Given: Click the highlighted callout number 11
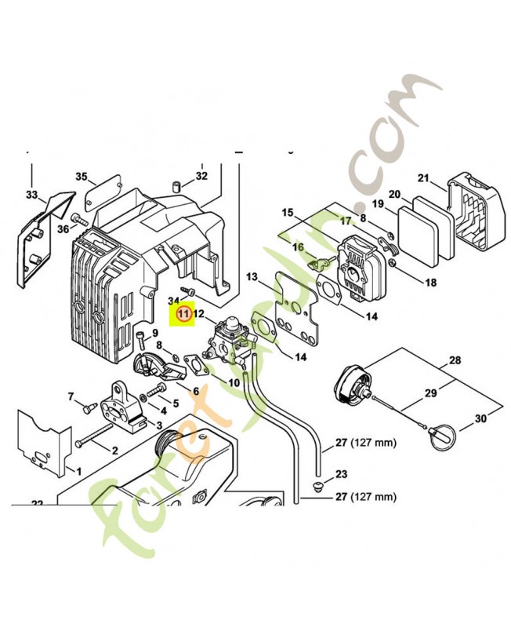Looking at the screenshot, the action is (x=183, y=313).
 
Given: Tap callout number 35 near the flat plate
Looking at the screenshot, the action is (x=82, y=177).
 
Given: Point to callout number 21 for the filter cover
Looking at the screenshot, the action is (x=423, y=178).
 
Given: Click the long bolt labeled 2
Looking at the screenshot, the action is (x=93, y=435).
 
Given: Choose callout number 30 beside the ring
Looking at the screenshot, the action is (x=481, y=419).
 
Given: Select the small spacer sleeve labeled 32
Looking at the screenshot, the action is (x=176, y=187).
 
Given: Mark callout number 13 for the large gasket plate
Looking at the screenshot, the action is (x=252, y=277).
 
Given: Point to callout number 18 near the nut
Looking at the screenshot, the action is (x=430, y=283).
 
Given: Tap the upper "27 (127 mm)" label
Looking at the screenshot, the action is (x=366, y=443).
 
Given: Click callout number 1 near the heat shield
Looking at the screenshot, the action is (x=79, y=472).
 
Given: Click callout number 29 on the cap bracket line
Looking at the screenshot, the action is (x=430, y=393).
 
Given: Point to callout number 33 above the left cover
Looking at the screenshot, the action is (x=31, y=195).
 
